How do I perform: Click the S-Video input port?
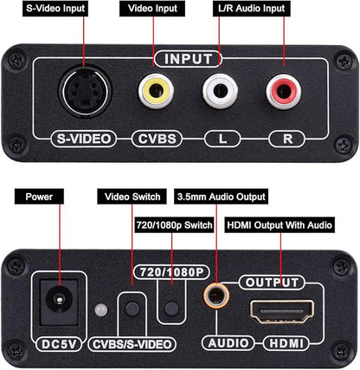84,90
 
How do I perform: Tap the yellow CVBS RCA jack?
156,89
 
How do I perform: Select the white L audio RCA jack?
219,89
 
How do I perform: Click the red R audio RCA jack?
282,89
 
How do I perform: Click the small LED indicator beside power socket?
101,310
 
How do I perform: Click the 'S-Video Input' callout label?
45,9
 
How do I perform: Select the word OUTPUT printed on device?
273,282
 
